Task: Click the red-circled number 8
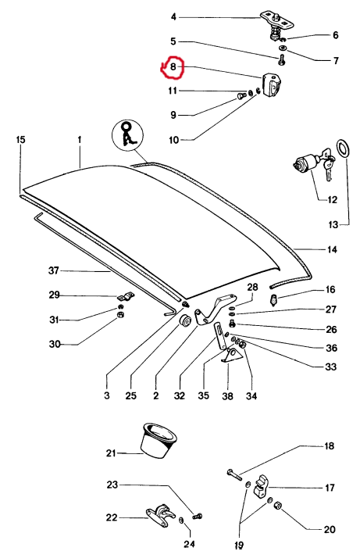coord(173,66)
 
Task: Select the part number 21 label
coord(111,453)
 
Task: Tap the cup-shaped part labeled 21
coord(157,441)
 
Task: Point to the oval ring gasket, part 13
coord(343,149)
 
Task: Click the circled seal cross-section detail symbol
coord(127,135)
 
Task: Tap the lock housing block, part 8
coord(272,85)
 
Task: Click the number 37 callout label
coord(53,270)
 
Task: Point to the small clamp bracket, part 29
coord(126,297)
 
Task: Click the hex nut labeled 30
coord(119,314)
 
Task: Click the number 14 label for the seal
coord(332,249)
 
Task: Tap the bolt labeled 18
coord(234,474)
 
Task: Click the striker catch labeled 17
coord(262,486)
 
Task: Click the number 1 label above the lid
coord(80,139)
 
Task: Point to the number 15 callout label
coord(21,139)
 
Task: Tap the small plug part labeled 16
coord(274,300)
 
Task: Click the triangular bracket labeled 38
coord(230,356)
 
